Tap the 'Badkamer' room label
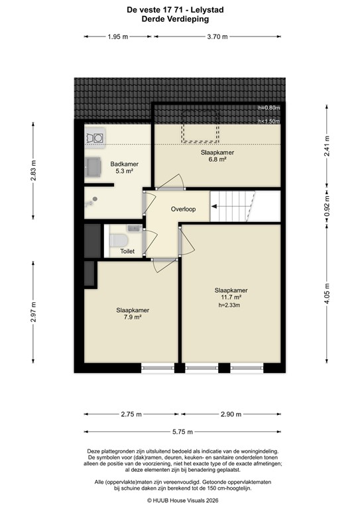[124, 164]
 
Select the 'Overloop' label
[183, 208]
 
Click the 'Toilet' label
[127, 251]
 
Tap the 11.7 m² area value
[231, 298]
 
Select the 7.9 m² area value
[133, 317]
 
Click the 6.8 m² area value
[217, 160]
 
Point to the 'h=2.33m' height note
[231, 306]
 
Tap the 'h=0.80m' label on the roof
[269, 108]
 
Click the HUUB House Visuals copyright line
[179, 500]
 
